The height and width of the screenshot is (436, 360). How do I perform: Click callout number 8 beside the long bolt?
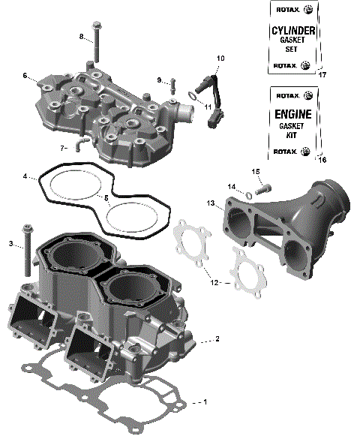coord(82,37)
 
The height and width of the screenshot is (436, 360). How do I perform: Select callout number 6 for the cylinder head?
coord(25,76)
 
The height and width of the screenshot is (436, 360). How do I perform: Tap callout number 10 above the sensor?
coord(220,58)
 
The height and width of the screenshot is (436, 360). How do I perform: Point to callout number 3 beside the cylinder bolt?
coord(11,243)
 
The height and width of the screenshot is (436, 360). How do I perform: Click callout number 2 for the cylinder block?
coord(217,340)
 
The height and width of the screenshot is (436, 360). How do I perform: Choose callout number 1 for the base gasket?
coord(205,402)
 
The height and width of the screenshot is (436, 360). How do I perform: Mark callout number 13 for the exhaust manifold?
coord(211,203)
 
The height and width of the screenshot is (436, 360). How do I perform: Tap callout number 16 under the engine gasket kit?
coord(323,160)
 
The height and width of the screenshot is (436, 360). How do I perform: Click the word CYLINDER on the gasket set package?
coord(292,31)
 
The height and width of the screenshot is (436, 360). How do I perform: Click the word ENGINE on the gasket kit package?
coord(292,117)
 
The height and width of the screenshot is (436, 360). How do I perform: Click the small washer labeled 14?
coord(247,195)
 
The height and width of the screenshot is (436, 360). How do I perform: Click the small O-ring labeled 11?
coord(193,95)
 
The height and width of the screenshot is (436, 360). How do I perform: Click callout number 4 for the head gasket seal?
coord(25,177)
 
